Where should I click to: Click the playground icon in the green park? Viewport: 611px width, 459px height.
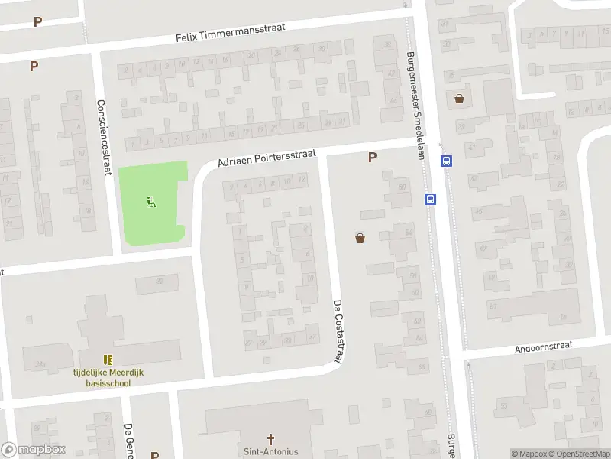click(151, 202)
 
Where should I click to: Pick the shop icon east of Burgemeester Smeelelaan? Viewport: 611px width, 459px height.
click(459, 99)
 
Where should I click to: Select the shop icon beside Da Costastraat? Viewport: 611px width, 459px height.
click(360, 238)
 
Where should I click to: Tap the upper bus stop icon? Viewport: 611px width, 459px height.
click(446, 161)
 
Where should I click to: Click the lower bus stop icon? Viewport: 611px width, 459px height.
click(430, 199)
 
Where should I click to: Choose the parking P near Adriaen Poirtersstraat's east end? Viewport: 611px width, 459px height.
click(372, 158)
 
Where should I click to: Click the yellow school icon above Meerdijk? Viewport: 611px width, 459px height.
click(108, 360)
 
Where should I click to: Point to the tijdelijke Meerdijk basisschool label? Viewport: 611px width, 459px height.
click(108, 377)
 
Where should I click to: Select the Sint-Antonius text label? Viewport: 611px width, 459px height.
click(270, 451)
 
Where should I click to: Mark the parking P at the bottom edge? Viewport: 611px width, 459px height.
click(154, 455)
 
